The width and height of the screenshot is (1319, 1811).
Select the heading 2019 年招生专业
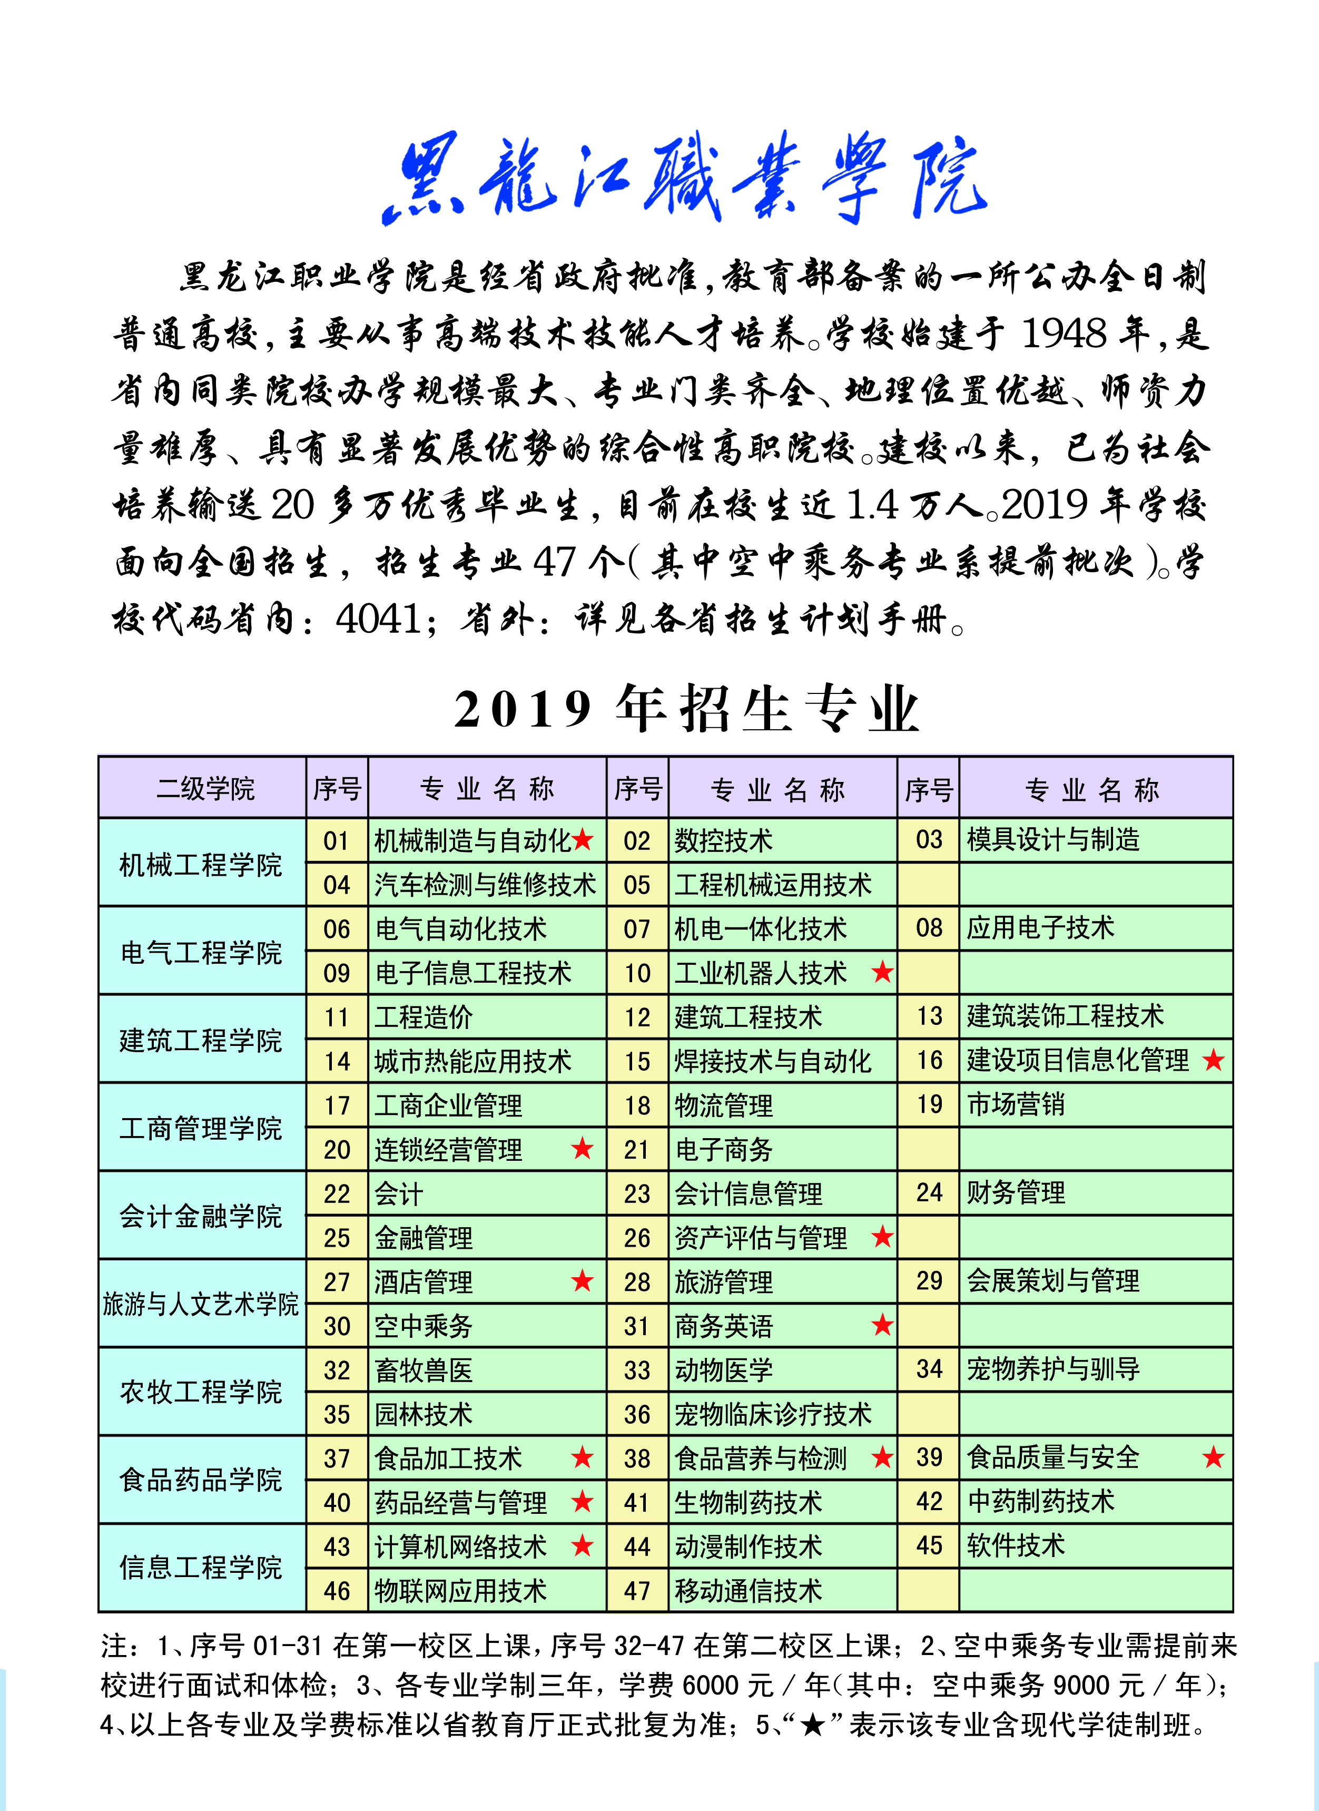(x=687, y=709)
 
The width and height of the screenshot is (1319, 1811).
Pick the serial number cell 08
(x=929, y=928)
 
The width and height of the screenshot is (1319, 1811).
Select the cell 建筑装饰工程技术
(x=1065, y=1016)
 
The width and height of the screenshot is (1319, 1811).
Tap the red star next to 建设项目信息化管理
(x=1214, y=1060)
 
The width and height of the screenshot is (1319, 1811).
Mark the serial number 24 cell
(x=929, y=1193)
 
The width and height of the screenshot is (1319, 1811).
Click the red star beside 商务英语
(x=882, y=1326)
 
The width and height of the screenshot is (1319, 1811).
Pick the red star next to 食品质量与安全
(x=1214, y=1457)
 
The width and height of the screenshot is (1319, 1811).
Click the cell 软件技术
(x=1016, y=1545)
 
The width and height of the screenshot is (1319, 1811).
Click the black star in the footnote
(x=812, y=1724)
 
